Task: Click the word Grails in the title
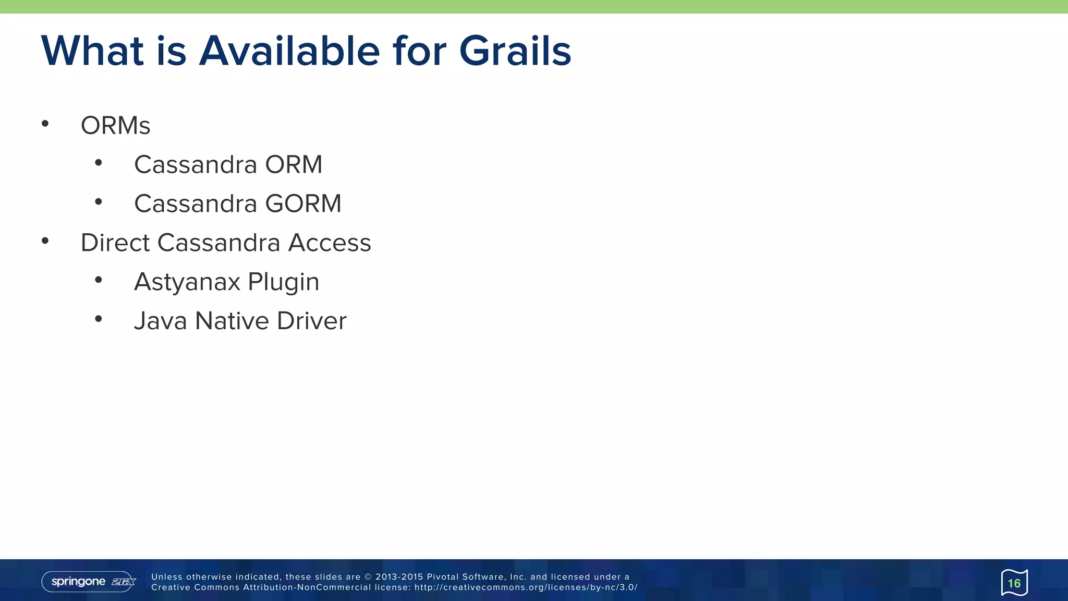click(x=515, y=51)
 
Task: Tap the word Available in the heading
click(x=289, y=51)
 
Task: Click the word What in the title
click(x=92, y=51)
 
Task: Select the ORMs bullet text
click(x=115, y=126)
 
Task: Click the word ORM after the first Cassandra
click(x=294, y=165)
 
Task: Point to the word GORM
click(x=303, y=204)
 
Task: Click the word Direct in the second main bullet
click(x=115, y=243)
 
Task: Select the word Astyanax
click(x=187, y=282)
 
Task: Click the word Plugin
click(x=283, y=282)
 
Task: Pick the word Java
click(x=160, y=321)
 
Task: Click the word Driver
click(x=311, y=321)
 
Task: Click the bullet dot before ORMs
click(x=45, y=124)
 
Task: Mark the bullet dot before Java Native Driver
click(x=99, y=319)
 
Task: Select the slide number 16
click(x=1014, y=583)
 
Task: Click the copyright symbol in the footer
click(x=368, y=577)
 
